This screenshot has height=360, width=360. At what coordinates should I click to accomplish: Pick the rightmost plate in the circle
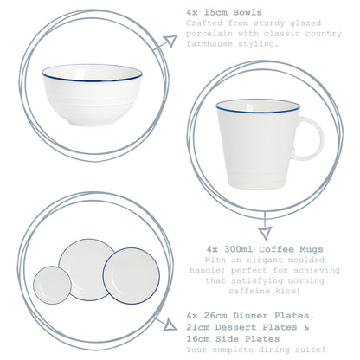pos(131,273)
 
